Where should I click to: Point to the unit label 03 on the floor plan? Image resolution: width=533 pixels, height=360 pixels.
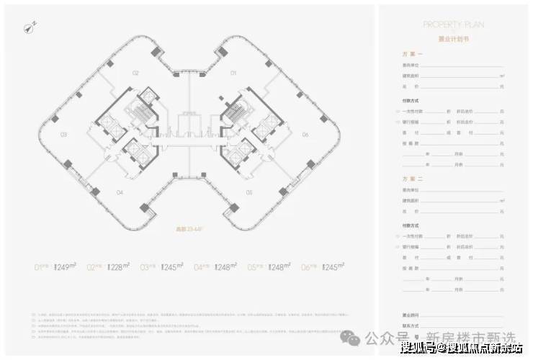(x=63, y=135)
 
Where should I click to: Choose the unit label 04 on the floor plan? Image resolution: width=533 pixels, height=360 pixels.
(x=120, y=192)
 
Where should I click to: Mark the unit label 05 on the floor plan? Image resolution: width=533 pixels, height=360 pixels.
(x=249, y=192)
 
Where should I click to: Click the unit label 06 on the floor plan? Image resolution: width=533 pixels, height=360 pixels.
(x=305, y=135)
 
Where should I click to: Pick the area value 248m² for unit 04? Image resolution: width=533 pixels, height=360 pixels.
(x=225, y=267)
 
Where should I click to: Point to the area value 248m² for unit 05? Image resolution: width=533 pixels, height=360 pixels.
(x=278, y=267)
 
